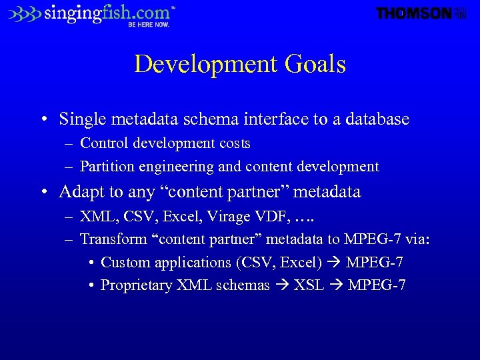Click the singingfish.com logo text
pos(107,13)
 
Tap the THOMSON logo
pos(414,13)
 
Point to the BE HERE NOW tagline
pos(149,25)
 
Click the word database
pos(378,119)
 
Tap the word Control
pos(103,143)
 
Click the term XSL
pos(309,285)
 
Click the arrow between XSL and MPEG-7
pos(336,286)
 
